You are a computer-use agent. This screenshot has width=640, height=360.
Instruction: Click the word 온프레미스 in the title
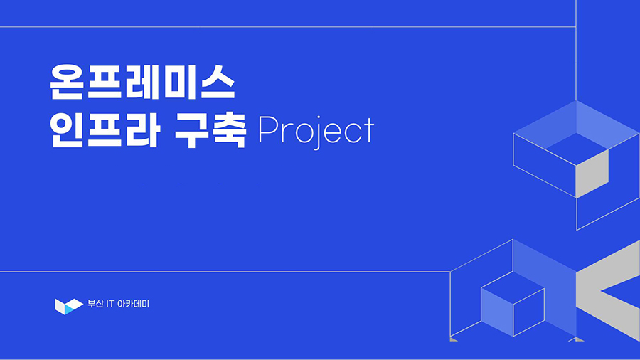click(142, 82)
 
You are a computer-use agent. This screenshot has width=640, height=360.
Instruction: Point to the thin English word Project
click(316, 132)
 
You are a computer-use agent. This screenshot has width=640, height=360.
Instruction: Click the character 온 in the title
click(67, 82)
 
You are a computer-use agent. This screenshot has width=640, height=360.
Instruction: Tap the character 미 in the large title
click(180, 82)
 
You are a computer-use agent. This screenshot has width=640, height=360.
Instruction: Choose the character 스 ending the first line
click(218, 82)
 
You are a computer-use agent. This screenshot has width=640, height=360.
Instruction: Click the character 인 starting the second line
click(66, 130)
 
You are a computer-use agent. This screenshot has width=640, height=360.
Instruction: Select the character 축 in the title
click(229, 130)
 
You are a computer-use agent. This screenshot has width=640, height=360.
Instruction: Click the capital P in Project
click(268, 129)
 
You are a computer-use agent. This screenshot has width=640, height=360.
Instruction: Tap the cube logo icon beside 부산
click(69, 307)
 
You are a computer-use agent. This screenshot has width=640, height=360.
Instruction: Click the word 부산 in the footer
click(95, 304)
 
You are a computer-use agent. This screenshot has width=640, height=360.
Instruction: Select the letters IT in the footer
click(110, 304)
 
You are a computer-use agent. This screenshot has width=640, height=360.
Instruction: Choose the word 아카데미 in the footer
click(133, 304)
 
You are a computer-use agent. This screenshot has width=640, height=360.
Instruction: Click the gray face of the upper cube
click(592, 174)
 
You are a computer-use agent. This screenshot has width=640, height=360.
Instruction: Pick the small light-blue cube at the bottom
click(513, 304)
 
